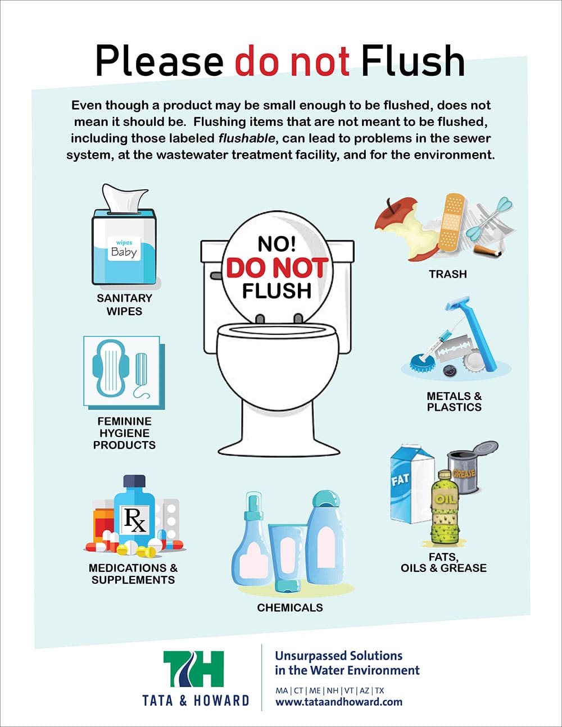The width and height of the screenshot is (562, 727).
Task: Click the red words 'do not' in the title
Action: [x=292, y=61]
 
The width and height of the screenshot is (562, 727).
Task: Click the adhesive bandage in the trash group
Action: [x=452, y=222]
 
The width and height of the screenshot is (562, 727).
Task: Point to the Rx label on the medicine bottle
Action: [x=135, y=521]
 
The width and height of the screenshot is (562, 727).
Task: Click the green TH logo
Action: [x=193, y=669]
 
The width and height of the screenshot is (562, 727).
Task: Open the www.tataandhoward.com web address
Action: [x=338, y=702]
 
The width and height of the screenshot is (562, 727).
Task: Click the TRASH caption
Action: [x=448, y=274]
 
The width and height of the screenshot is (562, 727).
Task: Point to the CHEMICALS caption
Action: [x=289, y=607]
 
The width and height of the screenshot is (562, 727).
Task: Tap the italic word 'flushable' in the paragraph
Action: [x=247, y=138]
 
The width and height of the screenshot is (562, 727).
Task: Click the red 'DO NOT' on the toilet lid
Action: [x=277, y=268]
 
